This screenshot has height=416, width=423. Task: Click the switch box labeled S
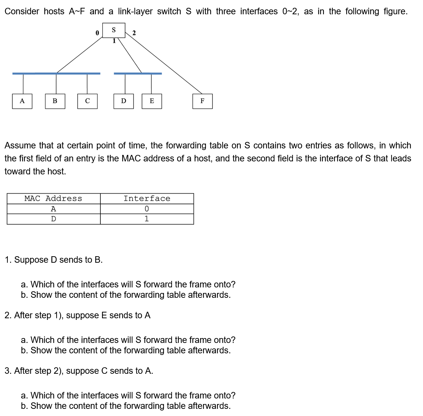click(114, 30)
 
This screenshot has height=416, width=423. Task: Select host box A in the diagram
click(22, 101)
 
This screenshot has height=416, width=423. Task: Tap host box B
click(55, 101)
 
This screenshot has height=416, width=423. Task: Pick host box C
click(87, 101)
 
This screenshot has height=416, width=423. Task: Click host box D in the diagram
click(123, 101)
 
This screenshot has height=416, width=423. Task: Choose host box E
click(152, 101)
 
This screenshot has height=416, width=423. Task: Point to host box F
click(202, 101)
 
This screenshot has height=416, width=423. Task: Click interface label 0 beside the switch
click(97, 33)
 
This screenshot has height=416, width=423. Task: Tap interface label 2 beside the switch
click(134, 33)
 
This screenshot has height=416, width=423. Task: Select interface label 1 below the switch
click(114, 41)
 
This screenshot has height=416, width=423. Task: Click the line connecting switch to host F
click(164, 64)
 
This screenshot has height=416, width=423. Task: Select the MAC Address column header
click(53, 198)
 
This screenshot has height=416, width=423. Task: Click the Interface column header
click(147, 198)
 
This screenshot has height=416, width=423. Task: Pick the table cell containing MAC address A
click(53, 209)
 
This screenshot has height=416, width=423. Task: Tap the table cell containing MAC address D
click(53, 219)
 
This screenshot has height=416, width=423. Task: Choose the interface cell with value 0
click(147, 209)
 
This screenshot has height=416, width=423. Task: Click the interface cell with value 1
click(147, 219)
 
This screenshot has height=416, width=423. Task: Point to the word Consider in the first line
click(22, 11)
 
